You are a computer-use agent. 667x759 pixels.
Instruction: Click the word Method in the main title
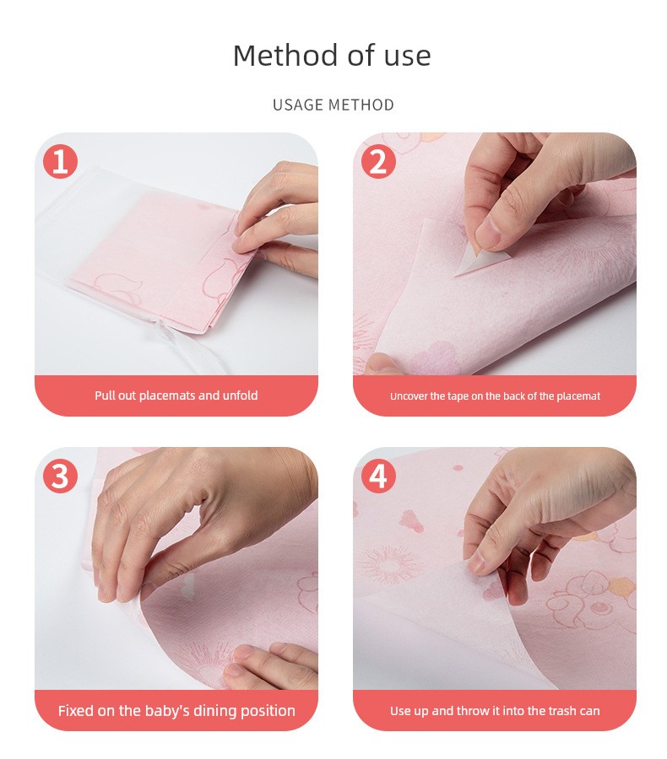285,55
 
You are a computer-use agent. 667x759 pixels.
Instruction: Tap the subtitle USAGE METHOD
333,105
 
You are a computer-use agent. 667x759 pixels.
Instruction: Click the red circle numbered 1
61,161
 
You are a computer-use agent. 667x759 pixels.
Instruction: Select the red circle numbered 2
378,161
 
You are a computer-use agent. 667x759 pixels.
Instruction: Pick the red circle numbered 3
61,476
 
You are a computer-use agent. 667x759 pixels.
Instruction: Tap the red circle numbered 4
378,476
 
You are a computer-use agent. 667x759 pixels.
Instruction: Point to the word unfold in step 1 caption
241,396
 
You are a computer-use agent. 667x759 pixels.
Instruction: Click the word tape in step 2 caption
458,396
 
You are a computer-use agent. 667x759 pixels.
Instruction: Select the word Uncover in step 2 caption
409,396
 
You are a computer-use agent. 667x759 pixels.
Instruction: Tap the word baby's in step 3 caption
167,711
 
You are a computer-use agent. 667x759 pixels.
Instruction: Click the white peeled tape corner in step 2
480,264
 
